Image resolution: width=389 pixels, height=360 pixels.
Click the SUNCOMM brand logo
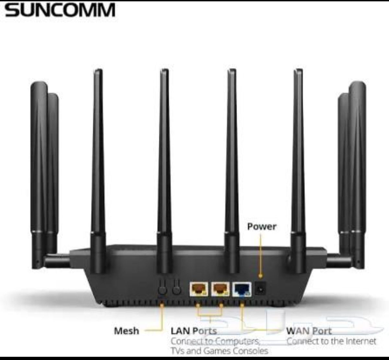pyautogui.click(x=60, y=10)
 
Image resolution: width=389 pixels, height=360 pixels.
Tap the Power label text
pyautogui.click(x=262, y=226)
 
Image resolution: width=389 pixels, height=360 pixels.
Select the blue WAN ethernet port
pyautogui.click(x=242, y=289)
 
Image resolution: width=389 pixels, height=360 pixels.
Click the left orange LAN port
pyautogui.click(x=199, y=289)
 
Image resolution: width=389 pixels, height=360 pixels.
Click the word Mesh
pyautogui.click(x=126, y=331)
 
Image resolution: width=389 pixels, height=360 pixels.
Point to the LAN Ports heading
pyautogui.click(x=194, y=331)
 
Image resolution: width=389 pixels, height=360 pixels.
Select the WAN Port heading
pyautogui.click(x=309, y=331)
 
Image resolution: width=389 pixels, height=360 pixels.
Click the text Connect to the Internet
pyautogui.click(x=331, y=341)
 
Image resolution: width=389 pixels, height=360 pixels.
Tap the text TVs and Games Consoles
pyautogui.click(x=219, y=351)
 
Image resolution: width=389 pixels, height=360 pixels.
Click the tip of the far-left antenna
pyautogui.click(x=39, y=85)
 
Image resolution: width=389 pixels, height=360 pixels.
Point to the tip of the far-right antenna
pyautogui.click(x=358, y=85)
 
